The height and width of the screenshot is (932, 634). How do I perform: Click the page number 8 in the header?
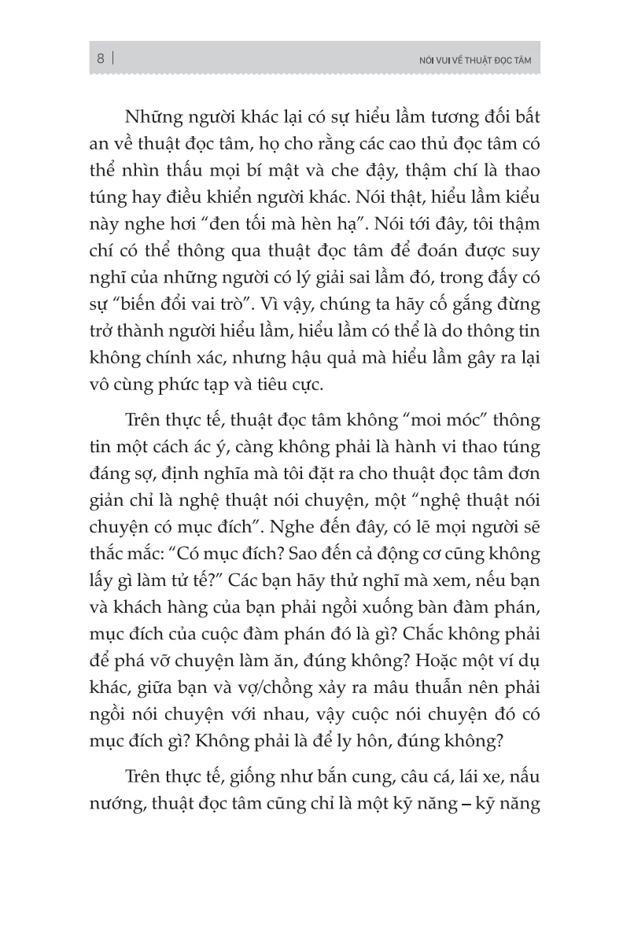pos(101,58)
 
